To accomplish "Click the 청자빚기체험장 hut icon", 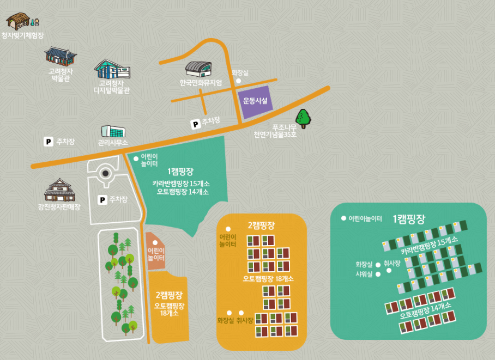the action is [18, 21].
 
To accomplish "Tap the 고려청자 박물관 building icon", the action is [60, 56].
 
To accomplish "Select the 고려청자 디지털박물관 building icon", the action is [112, 69].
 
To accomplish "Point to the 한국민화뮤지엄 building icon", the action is [197, 69].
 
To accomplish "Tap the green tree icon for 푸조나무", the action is [303, 118].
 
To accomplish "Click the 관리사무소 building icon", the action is [113, 131].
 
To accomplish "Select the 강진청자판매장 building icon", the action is [59, 190].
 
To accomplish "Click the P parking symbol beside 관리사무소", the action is [48, 142].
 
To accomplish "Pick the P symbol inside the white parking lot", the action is [102, 200].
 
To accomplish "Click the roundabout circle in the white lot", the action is [106, 174].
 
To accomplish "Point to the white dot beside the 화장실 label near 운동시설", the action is [238, 81].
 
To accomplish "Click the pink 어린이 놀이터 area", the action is [156, 251].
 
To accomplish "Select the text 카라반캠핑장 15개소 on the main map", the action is [180, 184].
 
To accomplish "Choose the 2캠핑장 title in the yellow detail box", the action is [261, 224].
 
